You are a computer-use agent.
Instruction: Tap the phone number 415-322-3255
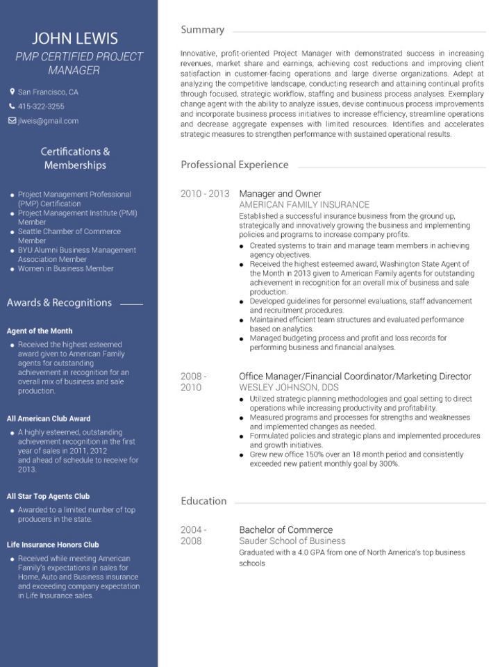pyautogui.click(x=41, y=106)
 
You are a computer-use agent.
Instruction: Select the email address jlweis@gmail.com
pyautogui.click(x=48, y=121)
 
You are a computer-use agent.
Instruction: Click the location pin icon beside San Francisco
pyautogui.click(x=12, y=92)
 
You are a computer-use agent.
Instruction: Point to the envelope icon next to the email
pyautogui.click(x=12, y=121)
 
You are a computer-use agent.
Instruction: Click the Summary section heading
pyautogui.click(x=202, y=30)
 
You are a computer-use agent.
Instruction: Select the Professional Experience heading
pyautogui.click(x=234, y=165)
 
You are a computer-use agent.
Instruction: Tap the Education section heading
pyautogui.click(x=203, y=501)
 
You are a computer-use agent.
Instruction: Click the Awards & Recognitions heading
pyautogui.click(x=59, y=303)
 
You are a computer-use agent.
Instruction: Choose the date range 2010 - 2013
pyautogui.click(x=204, y=194)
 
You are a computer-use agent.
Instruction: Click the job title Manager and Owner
pyautogui.click(x=280, y=194)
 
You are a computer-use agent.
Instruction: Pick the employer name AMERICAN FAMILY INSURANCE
pyautogui.click(x=304, y=205)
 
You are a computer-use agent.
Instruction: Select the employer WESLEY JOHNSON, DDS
pyautogui.click(x=289, y=387)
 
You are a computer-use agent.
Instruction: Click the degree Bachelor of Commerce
pyautogui.click(x=285, y=529)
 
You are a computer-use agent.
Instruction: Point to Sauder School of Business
pyautogui.click(x=292, y=541)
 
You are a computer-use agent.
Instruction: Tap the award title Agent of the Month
pyautogui.click(x=40, y=331)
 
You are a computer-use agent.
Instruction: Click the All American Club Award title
pyautogui.click(x=49, y=419)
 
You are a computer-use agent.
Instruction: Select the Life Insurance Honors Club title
pyautogui.click(x=53, y=545)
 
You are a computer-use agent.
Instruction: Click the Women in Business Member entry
pyautogui.click(x=65, y=269)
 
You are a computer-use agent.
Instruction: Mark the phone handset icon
pyautogui.click(x=12, y=106)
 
